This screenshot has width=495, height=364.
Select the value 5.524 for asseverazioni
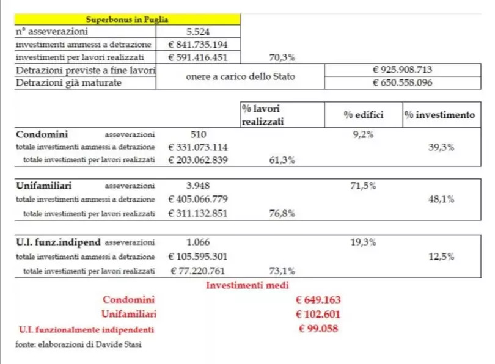click(198, 32)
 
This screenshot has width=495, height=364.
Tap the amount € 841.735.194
click(198, 45)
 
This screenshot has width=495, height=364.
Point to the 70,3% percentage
click(282, 58)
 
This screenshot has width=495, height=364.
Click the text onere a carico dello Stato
click(240, 76)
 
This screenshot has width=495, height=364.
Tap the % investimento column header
click(439, 114)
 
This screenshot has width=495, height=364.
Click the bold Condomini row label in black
click(42, 134)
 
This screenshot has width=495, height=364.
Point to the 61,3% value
click(282, 160)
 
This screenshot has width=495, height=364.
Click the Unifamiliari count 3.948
click(198, 186)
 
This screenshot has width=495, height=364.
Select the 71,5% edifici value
click(363, 186)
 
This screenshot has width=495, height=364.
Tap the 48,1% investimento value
click(441, 198)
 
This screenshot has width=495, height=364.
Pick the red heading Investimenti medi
click(248, 285)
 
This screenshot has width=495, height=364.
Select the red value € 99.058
click(318, 329)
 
